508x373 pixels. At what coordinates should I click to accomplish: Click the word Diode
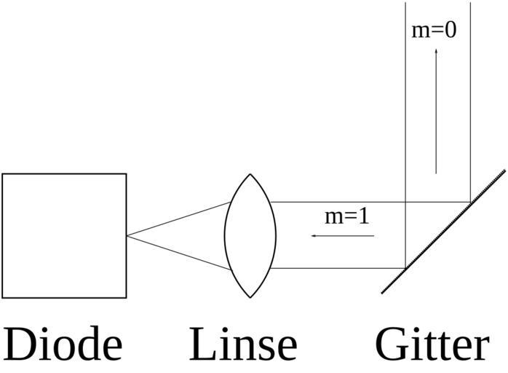(x=63, y=344)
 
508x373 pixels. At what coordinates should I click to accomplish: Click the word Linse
(x=243, y=344)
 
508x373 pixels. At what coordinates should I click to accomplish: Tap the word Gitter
(x=432, y=344)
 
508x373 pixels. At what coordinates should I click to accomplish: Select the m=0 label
(x=434, y=30)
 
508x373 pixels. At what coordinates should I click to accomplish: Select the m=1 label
(x=347, y=216)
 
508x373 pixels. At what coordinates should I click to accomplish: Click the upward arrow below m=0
(x=436, y=109)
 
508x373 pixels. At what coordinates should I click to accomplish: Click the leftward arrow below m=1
(x=342, y=236)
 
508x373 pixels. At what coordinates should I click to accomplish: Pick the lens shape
(x=250, y=235)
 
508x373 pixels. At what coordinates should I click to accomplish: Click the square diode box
(x=64, y=235)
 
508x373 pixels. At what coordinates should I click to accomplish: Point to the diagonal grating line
(x=444, y=232)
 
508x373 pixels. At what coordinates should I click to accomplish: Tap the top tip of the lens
(x=250, y=174)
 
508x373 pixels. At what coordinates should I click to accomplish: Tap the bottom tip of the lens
(x=250, y=297)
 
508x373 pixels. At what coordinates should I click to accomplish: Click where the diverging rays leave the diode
(x=127, y=235)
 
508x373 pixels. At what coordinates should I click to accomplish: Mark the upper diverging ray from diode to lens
(x=178, y=219)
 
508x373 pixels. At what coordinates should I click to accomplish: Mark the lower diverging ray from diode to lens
(x=178, y=253)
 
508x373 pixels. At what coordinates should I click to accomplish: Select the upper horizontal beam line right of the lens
(x=335, y=202)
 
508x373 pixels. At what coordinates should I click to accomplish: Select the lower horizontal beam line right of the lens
(x=335, y=268)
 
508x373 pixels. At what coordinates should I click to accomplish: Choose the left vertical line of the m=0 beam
(x=405, y=109)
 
